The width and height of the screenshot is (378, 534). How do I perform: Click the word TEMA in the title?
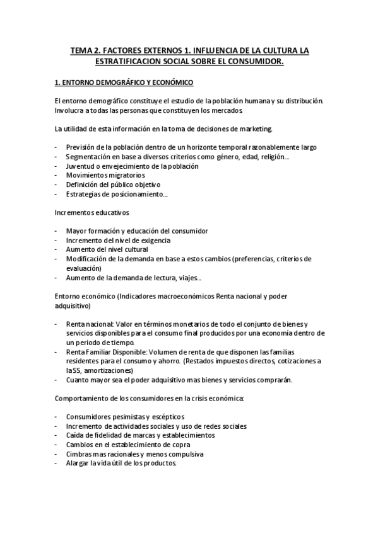coord(82,49)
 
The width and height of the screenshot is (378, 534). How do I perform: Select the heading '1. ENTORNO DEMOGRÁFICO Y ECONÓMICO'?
coord(124,82)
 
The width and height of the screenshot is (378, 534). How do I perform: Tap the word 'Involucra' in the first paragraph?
coord(70,110)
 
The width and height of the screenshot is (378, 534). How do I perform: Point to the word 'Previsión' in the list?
coord(81,147)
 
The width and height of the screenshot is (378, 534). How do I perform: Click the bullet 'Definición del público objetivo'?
coord(113,185)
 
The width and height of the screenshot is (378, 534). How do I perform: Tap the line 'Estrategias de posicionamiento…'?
coord(117,194)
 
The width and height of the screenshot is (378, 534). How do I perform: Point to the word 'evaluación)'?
coord(83,268)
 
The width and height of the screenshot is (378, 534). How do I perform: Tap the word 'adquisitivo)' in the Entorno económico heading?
coord(73,305)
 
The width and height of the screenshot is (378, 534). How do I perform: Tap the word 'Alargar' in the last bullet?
coord(78,463)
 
